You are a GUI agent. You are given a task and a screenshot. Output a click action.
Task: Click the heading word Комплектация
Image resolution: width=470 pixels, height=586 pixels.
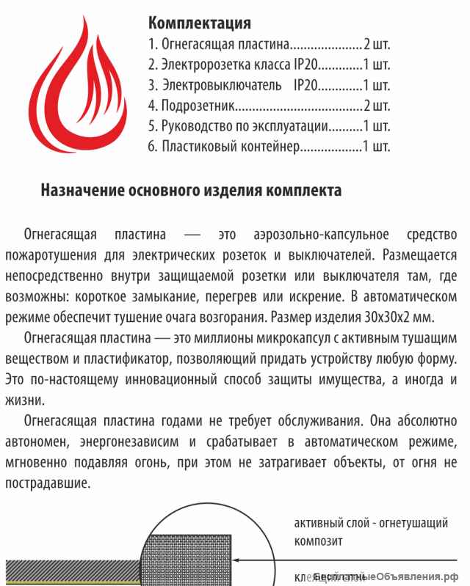200,23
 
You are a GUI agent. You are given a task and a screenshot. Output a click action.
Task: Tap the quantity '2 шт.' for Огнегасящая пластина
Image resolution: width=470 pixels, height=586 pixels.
377,43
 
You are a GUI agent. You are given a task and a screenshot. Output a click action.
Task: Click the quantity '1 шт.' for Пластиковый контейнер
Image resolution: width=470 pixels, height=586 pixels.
377,147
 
